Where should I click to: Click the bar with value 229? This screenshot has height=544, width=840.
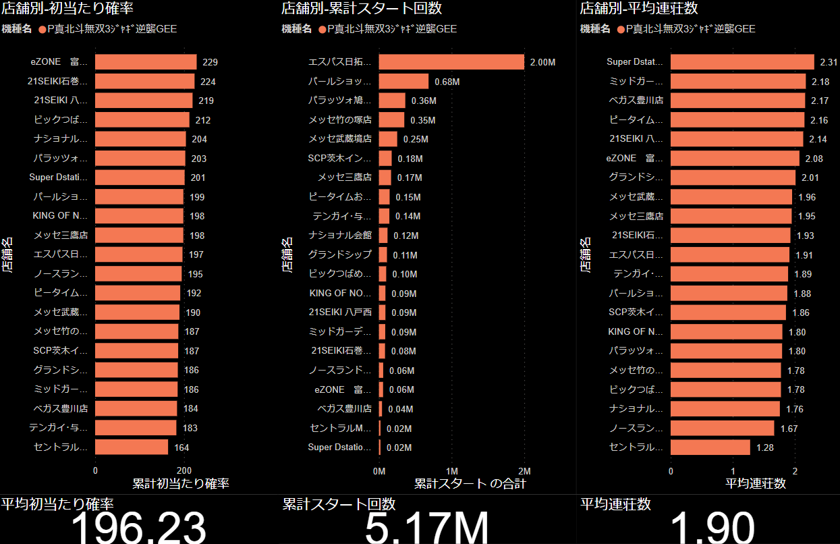pos(146,62)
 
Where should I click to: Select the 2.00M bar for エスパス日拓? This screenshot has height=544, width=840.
pos(451,62)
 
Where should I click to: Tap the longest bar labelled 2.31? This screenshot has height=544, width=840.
pos(742,62)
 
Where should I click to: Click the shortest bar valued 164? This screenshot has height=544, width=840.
pos(132,447)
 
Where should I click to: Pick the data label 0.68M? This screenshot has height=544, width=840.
pos(447,82)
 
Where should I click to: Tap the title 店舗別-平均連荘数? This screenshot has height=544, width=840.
pos(639,9)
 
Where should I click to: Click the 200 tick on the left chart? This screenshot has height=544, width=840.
pos(184,470)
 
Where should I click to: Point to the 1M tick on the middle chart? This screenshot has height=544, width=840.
pos(452,470)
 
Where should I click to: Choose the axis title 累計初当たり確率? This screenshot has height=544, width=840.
pos(181,484)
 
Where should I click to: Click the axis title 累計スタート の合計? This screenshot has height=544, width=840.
pos(470,484)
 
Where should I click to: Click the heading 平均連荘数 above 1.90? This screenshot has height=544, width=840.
pos(615,504)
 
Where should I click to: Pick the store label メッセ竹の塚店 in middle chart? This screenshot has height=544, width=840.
pos(340,120)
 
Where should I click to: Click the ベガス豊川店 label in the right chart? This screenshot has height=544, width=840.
pos(636,101)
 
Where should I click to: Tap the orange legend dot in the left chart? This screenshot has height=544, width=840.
pos(43,29)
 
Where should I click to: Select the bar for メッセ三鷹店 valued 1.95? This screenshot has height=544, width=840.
pos(731,216)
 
